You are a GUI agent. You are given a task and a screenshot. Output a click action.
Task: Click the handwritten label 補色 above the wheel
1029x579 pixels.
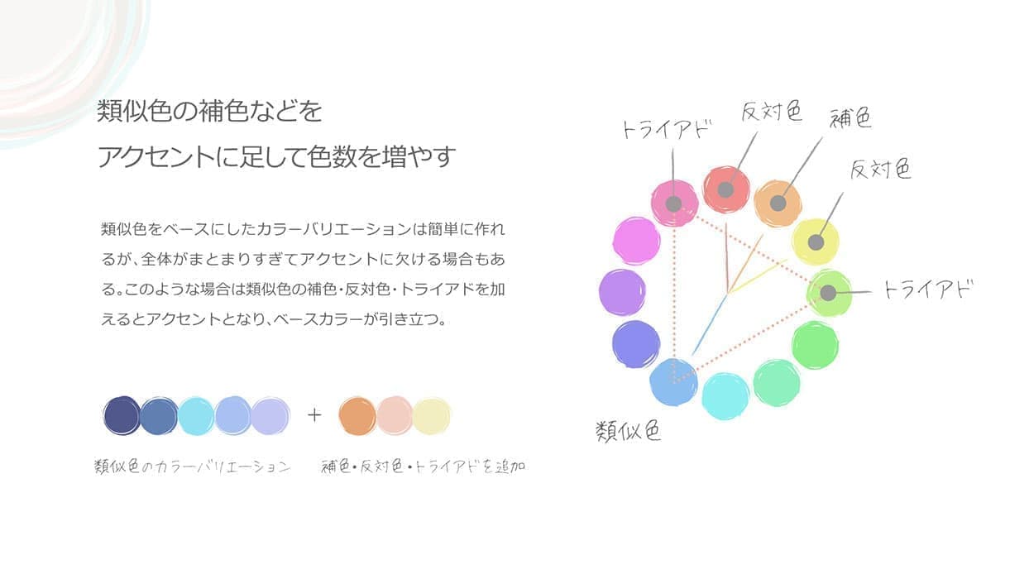(x=850, y=117)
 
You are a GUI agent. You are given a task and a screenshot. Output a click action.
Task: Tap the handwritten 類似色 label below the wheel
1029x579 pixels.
(x=628, y=431)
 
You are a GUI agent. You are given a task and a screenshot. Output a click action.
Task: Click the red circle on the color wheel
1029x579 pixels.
(x=726, y=189)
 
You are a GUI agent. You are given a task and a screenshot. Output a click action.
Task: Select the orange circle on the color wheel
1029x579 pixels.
(x=778, y=203)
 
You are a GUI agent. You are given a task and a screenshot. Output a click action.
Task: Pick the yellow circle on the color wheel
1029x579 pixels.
(x=816, y=242)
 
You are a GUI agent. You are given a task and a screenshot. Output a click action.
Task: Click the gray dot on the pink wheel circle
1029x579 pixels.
(x=673, y=203)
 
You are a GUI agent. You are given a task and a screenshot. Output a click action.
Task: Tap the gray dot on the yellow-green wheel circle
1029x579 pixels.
(x=828, y=293)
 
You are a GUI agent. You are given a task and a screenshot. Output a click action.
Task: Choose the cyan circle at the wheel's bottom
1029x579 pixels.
(x=725, y=396)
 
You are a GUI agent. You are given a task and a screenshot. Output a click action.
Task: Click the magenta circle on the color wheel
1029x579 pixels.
(x=636, y=241)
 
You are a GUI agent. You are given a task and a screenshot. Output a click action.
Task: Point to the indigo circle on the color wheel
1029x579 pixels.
(x=636, y=344)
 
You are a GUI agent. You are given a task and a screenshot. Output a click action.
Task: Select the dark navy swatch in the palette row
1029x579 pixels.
(x=122, y=416)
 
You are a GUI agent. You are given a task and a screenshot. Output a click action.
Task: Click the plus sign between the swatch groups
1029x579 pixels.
(x=314, y=415)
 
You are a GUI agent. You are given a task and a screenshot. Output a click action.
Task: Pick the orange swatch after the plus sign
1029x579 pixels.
(x=357, y=416)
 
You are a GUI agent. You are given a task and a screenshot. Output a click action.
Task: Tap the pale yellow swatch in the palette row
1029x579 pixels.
(x=431, y=416)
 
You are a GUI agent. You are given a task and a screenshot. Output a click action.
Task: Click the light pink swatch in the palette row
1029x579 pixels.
(x=395, y=416)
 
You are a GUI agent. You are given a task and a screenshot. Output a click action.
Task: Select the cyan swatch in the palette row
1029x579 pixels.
(x=196, y=416)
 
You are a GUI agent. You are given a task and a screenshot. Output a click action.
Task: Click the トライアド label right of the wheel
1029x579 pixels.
(x=927, y=289)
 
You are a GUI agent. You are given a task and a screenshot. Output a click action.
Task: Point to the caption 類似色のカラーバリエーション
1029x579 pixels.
(x=193, y=467)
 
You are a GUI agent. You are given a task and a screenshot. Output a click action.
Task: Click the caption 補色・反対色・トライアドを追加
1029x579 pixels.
(x=423, y=467)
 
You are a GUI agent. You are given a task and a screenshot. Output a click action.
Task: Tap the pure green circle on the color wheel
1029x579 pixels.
(x=816, y=345)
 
